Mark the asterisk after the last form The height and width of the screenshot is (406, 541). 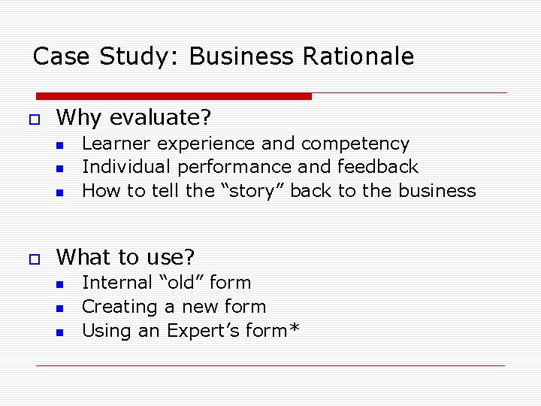pyautogui.click(x=292, y=328)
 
